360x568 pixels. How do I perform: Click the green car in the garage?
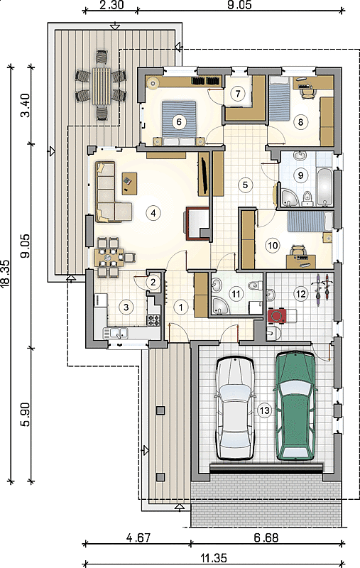pos(295,405)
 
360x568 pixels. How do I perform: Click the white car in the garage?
pos(235,408)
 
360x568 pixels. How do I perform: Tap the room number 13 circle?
pos(265,410)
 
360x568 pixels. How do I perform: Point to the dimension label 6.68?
pos(266,537)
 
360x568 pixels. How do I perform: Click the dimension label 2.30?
pos(111,5)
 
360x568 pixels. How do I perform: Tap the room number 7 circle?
pos(238,94)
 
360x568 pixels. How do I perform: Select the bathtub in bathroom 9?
pos(324,187)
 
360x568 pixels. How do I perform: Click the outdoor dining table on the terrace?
pos(101,86)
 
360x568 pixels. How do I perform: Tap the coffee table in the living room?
pos(130,183)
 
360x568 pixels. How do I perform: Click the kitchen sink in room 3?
pos(116,332)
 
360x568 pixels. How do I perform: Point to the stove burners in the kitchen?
pos(153,320)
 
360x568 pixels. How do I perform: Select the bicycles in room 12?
pos(322,290)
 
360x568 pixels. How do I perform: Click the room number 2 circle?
pos(153,282)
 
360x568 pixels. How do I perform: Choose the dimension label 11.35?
pos(214,558)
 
